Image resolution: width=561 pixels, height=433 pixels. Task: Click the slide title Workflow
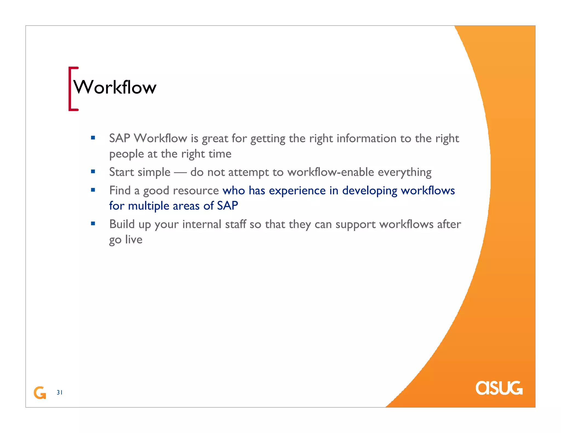point(115,88)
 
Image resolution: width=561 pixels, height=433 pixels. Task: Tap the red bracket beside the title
point(70,89)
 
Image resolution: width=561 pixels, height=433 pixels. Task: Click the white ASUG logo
point(499,388)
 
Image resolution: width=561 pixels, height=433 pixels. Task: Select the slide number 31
point(59,392)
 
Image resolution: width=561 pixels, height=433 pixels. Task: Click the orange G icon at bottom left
point(40,393)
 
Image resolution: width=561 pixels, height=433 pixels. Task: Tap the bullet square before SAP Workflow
point(93,138)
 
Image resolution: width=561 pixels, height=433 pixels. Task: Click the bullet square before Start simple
point(93,172)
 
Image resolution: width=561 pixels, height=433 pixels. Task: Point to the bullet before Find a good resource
point(93,190)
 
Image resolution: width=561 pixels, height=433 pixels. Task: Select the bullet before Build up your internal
point(93,223)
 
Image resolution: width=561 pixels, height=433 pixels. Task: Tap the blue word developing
point(370,191)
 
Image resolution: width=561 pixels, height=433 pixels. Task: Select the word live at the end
point(134,239)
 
